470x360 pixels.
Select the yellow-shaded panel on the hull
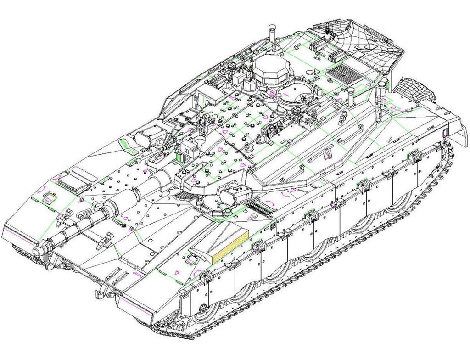coord(229,246)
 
